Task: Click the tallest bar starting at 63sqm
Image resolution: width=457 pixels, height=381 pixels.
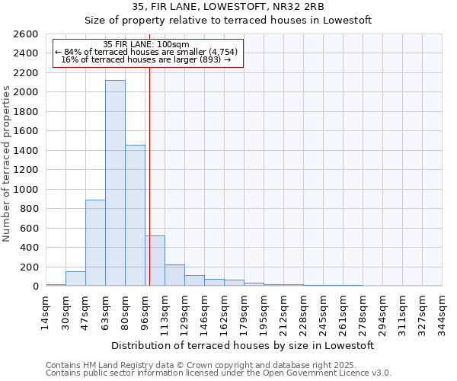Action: point(115,183)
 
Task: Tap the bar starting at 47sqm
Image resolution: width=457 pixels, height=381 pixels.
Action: point(95,242)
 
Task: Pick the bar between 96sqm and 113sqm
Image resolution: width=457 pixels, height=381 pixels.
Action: point(155,261)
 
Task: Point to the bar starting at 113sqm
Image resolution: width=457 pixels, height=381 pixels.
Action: point(174,275)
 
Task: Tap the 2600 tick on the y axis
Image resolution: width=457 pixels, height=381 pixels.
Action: point(26,34)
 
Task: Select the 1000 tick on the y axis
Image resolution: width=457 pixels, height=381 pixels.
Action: point(26,189)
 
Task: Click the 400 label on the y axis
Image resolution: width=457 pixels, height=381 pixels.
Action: point(29,248)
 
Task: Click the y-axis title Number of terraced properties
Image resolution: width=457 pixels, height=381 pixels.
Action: point(8,164)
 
